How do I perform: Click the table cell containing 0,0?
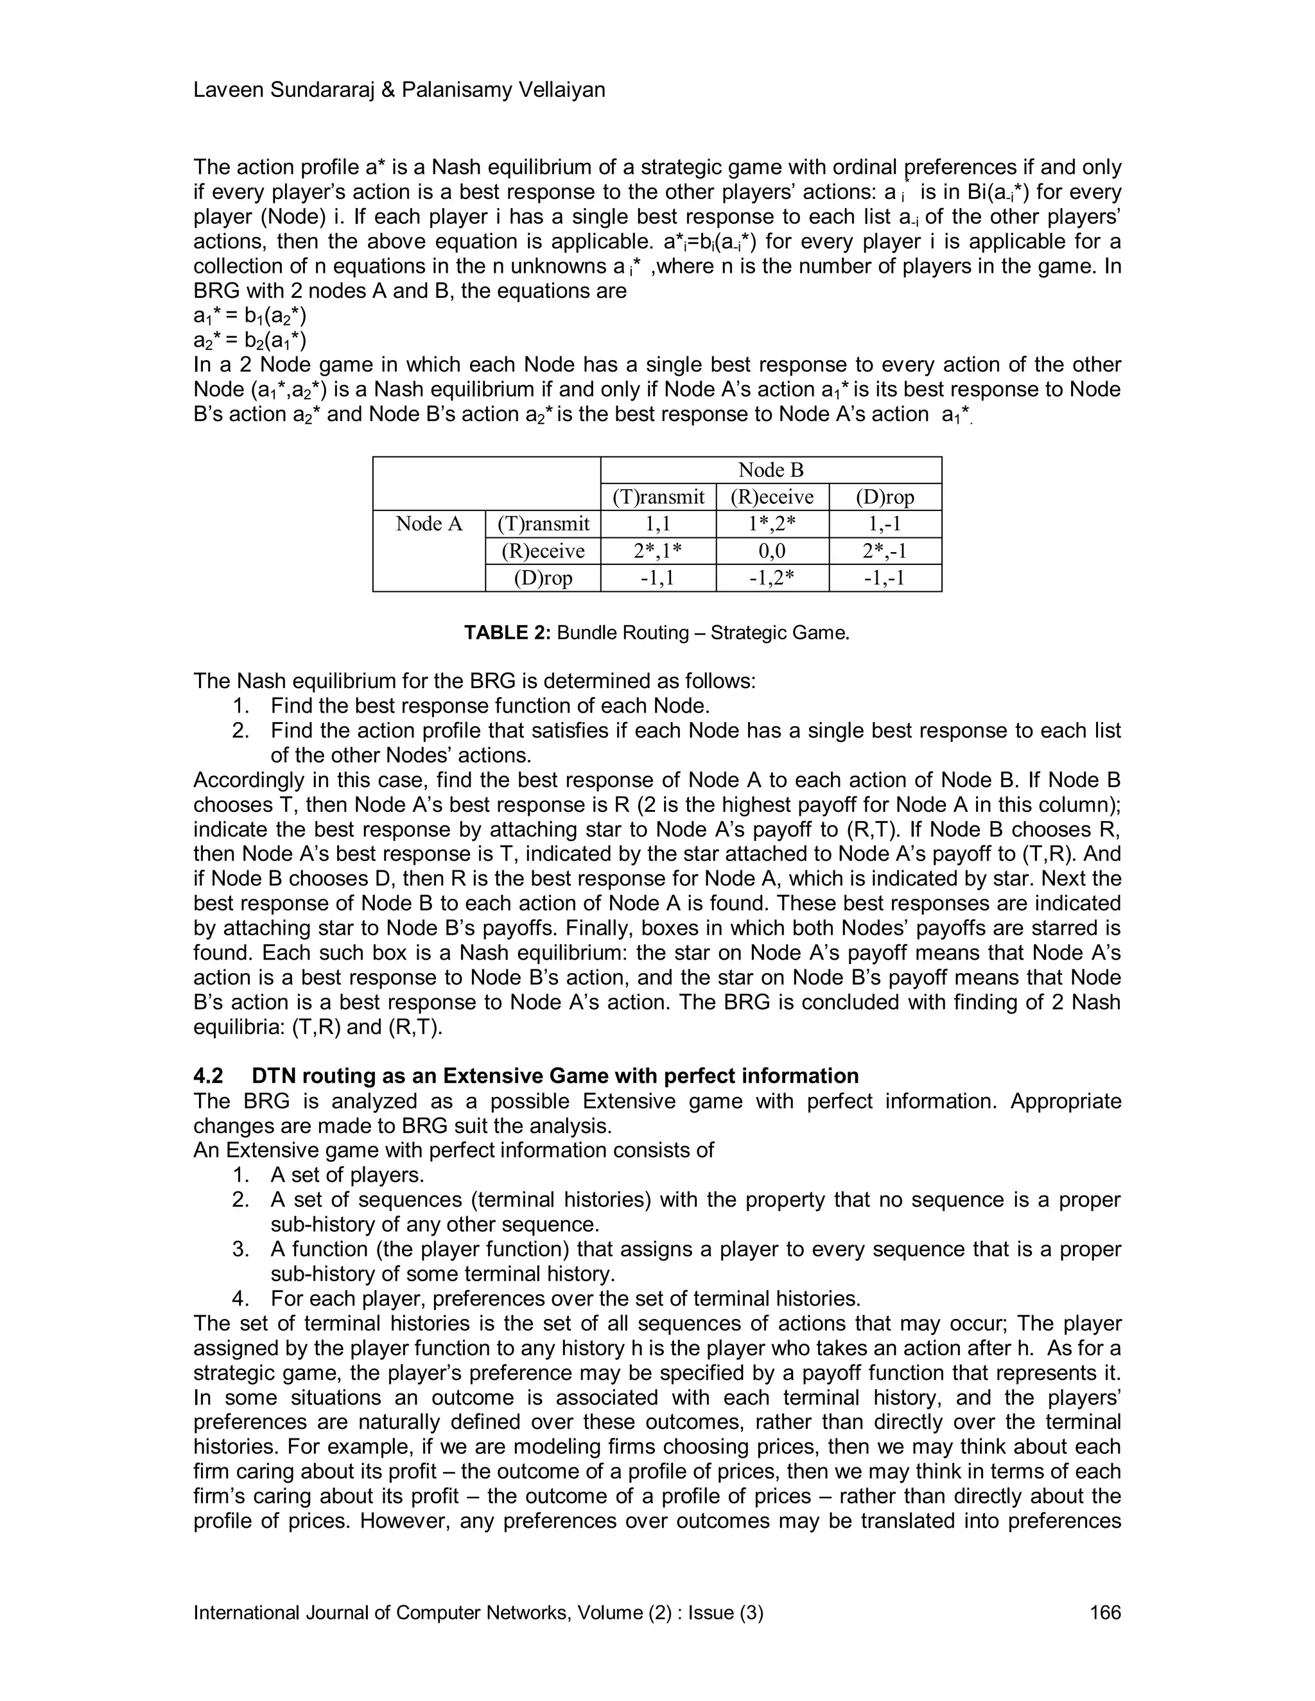tap(772, 551)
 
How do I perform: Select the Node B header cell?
tap(771, 470)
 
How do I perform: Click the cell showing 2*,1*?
tap(658, 551)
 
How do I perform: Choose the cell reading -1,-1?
tap(885, 578)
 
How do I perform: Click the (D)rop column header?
tap(885, 497)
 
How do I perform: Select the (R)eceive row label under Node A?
tap(543, 551)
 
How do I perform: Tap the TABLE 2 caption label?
tap(507, 632)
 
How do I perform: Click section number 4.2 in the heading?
tap(208, 1076)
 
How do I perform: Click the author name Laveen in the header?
tap(227, 91)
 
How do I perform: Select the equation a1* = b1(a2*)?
tap(249, 316)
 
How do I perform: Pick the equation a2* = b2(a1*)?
tap(249, 340)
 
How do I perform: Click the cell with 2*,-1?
tap(885, 551)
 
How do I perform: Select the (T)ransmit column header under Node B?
tap(658, 497)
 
